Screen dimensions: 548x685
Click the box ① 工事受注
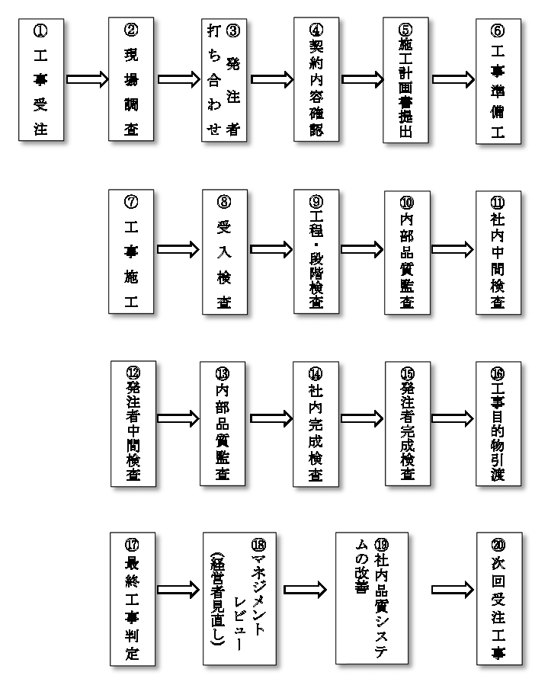click(x=41, y=79)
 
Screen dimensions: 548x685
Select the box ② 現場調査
click(x=131, y=79)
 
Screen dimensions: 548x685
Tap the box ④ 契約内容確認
click(x=316, y=79)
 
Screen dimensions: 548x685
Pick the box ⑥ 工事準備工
click(x=498, y=81)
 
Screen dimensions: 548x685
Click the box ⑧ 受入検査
click(x=225, y=251)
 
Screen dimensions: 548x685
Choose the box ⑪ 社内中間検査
click(x=498, y=252)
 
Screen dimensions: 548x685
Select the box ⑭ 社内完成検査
click(x=316, y=424)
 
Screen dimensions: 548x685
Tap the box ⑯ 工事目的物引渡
click(x=498, y=424)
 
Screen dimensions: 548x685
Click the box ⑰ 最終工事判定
click(x=133, y=598)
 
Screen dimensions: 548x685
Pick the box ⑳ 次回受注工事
click(x=499, y=598)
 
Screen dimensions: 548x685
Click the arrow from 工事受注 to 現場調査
click(x=87, y=79)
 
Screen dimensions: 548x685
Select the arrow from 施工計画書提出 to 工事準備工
click(x=453, y=79)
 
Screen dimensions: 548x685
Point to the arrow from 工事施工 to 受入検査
click(x=178, y=249)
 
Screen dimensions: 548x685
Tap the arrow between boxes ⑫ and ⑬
click(x=178, y=418)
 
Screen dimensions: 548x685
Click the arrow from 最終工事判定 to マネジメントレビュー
click(x=178, y=590)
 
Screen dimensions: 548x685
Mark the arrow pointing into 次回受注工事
click(x=453, y=590)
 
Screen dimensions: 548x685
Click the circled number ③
click(x=233, y=30)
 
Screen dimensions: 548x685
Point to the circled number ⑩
click(x=407, y=203)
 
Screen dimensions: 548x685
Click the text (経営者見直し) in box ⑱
click(x=218, y=598)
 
